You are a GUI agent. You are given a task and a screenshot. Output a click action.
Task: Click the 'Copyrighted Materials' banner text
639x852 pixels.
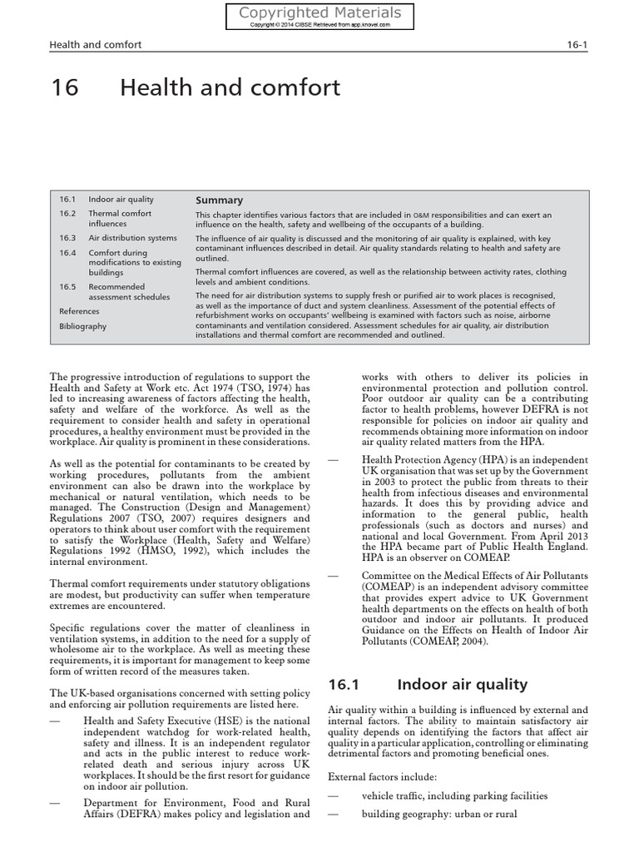tap(319, 12)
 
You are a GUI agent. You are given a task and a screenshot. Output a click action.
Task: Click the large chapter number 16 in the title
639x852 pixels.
tap(66, 87)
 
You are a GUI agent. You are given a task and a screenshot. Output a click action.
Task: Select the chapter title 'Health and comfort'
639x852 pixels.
tap(230, 87)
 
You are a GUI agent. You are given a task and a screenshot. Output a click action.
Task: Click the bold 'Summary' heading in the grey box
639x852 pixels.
tap(219, 200)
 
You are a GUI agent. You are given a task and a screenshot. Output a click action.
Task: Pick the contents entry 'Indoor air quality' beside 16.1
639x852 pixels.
tap(121, 200)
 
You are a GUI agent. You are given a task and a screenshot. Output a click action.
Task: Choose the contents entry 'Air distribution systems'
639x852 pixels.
tap(132, 238)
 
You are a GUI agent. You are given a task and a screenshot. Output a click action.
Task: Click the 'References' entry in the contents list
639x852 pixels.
tap(79, 311)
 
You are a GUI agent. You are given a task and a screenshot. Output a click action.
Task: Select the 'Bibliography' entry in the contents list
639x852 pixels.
tap(82, 326)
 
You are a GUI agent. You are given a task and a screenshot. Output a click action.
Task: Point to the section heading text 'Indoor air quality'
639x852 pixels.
tap(462, 684)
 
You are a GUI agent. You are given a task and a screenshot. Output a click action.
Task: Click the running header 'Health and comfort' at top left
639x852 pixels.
tap(96, 44)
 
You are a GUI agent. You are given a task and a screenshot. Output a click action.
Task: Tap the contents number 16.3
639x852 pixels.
tap(67, 238)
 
